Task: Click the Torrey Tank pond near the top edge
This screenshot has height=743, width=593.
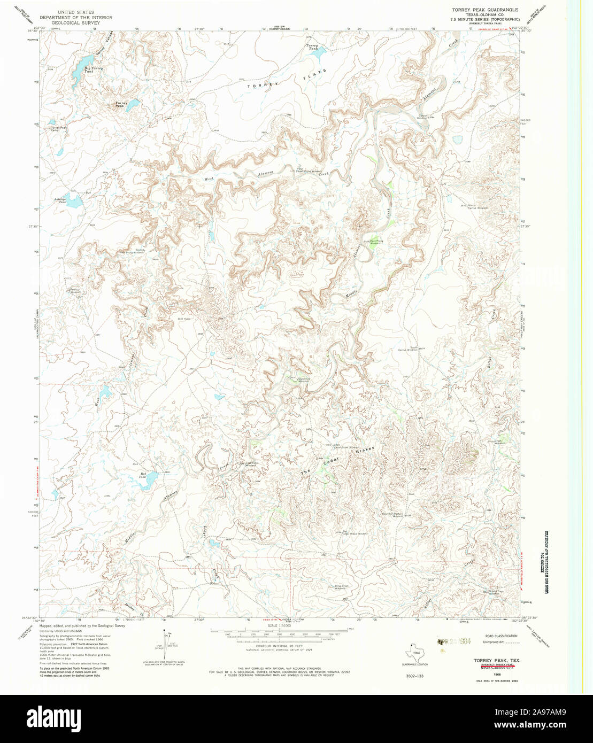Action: [x=319, y=53]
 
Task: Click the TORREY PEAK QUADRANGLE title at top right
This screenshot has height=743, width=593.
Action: [x=484, y=10]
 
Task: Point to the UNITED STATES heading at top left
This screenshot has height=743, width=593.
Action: [x=76, y=12]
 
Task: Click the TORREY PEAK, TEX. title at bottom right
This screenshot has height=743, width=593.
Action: [x=497, y=661]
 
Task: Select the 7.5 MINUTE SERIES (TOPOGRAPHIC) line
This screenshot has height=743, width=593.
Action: [x=484, y=19]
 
